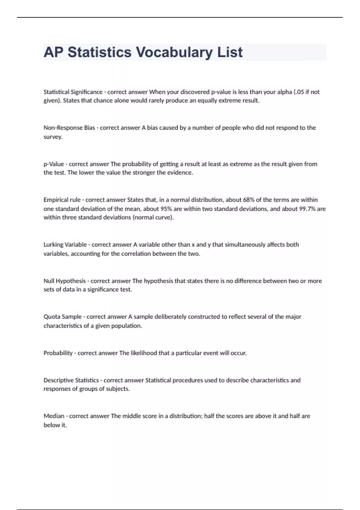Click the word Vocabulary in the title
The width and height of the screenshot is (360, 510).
pos(174,52)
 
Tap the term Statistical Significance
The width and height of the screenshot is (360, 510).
pos(73,92)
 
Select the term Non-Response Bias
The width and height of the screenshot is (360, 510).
pos(69,128)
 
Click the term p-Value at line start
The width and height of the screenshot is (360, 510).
pos(54,164)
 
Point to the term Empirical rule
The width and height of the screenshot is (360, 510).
pos(62,200)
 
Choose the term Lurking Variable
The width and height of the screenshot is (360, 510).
pos(65,244)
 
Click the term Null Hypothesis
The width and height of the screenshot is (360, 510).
pos(64,281)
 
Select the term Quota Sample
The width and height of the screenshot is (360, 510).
pos(62,317)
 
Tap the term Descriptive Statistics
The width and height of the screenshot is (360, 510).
pos(71,380)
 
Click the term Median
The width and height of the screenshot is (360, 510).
pos(54,416)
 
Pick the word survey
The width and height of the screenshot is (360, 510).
pos(53,137)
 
